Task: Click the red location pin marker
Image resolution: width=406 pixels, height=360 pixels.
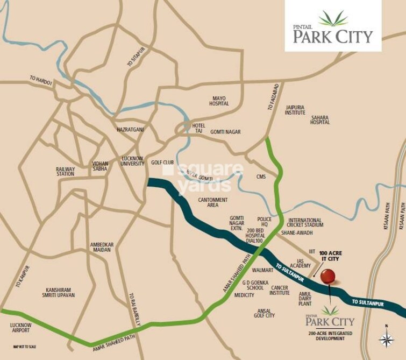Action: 327,277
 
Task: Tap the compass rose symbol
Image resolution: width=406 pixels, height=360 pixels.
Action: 386,337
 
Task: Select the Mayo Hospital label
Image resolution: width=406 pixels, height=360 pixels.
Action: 219,101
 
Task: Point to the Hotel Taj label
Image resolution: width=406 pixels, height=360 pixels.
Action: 198,129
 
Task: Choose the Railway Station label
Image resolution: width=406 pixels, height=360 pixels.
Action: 66,172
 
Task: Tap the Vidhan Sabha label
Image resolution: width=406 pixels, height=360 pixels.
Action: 100,166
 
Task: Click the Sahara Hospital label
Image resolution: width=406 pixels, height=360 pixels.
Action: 319,119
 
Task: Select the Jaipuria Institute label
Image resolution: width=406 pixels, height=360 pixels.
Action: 295,110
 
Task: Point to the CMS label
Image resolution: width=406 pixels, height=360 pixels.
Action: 261,177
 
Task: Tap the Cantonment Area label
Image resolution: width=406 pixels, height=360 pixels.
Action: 213,202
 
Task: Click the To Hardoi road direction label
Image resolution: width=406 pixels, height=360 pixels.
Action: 41,80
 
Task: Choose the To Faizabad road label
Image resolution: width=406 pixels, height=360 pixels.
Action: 273,97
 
